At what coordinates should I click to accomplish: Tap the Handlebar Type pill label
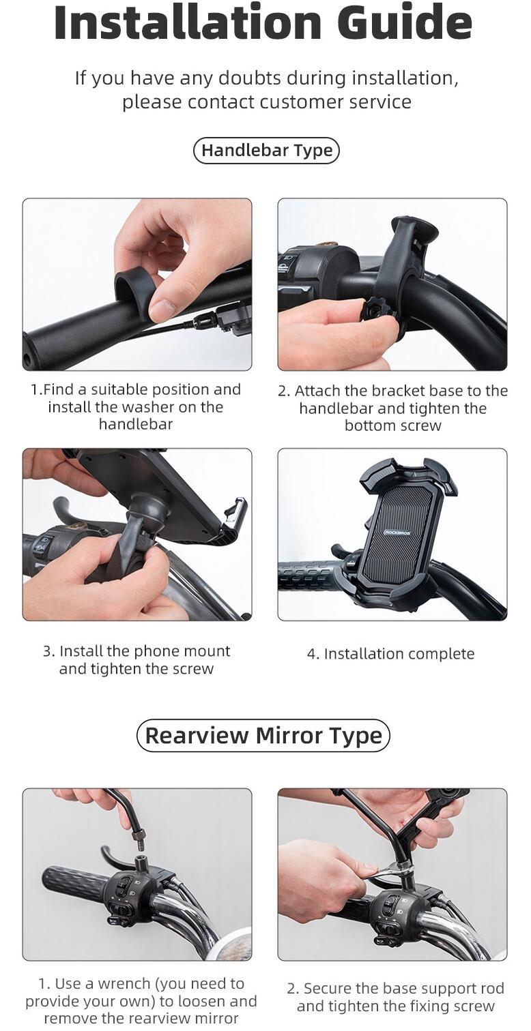[x=266, y=151]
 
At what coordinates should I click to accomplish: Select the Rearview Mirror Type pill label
[x=263, y=736]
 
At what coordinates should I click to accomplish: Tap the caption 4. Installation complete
[x=390, y=654]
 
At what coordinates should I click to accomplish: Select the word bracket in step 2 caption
[x=377, y=391]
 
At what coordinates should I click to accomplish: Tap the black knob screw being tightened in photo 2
[x=375, y=310]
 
